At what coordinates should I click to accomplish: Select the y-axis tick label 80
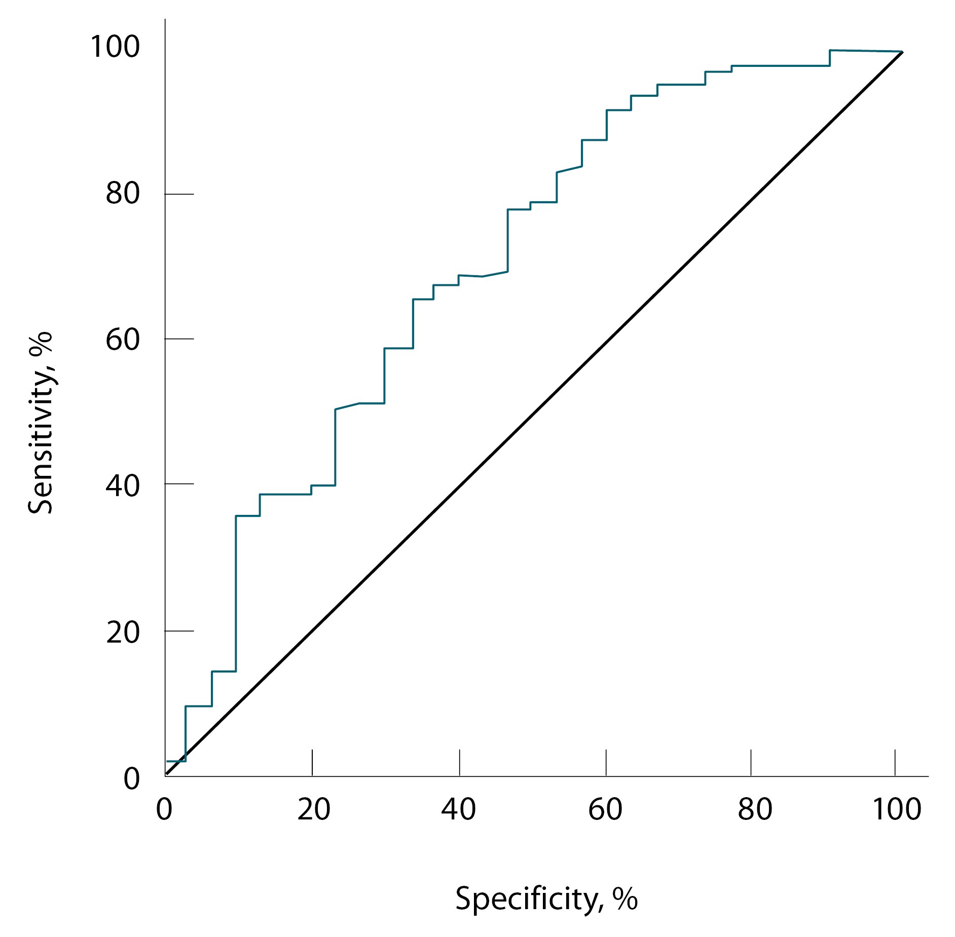[123, 194]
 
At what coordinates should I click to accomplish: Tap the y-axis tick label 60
[123, 339]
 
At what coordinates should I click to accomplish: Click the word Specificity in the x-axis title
[527, 898]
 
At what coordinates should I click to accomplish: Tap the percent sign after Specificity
[625, 898]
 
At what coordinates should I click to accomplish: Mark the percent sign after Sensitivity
[41, 342]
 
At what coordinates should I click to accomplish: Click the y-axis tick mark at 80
[179, 194]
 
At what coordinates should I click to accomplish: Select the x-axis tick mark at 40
[459, 763]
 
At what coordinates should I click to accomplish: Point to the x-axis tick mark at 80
[751, 763]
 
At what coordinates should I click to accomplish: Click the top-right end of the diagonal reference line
[902, 52]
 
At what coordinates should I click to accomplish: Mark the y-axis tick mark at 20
[179, 631]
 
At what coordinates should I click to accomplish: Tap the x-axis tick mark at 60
[606, 763]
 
